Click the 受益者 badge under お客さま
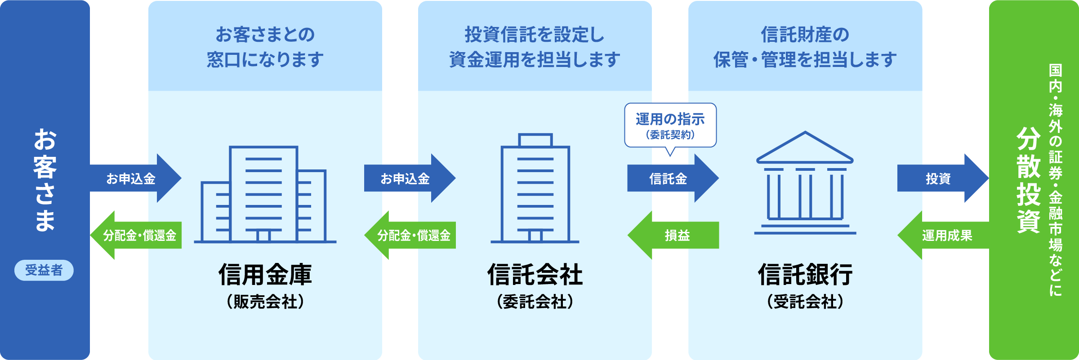[44, 270]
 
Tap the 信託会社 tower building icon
[535, 189]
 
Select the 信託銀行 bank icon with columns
[805, 184]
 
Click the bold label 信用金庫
[265, 275]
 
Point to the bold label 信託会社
[535, 275]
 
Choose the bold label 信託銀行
[805, 275]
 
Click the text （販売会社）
[265, 302]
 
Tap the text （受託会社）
[805, 302]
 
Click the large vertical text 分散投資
[1029, 180]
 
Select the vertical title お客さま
[45, 180]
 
